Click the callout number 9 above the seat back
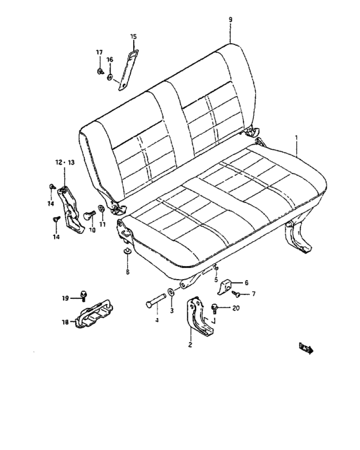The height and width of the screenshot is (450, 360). pyautogui.click(x=230, y=20)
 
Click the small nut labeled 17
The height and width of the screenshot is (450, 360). pyautogui.click(x=101, y=71)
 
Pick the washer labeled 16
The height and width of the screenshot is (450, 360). pyautogui.click(x=110, y=78)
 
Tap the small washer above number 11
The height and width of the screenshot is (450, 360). pyautogui.click(x=102, y=208)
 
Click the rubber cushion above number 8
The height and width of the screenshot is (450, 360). pyautogui.click(x=127, y=250)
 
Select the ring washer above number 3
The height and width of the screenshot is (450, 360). pyautogui.click(x=170, y=294)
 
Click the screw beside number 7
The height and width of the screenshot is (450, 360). pyautogui.click(x=238, y=294)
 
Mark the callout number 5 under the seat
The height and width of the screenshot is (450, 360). pyautogui.click(x=216, y=280)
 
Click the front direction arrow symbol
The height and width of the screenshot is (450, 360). pyautogui.click(x=307, y=349)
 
